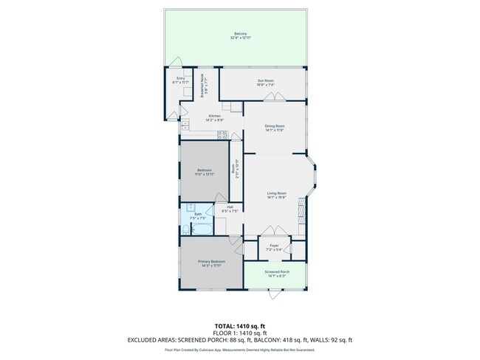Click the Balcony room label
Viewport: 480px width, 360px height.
(240, 34)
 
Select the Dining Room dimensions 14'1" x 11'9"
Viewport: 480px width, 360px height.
(274, 130)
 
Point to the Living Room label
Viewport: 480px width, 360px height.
(275, 193)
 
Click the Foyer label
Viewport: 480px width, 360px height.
(274, 246)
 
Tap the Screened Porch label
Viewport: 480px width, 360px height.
(277, 272)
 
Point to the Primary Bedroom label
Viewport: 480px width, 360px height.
(211, 261)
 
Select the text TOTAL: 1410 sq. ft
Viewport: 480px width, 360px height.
(240, 325)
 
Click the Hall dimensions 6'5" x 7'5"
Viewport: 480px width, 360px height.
(230, 212)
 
